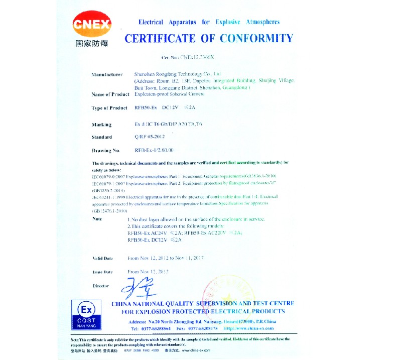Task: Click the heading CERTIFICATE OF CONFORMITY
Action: pyautogui.click(x=208, y=39)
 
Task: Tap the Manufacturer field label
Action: pyautogui.click(x=107, y=74)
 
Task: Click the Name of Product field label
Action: pyautogui.click(x=111, y=94)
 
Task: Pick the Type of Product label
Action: pyautogui.click(x=110, y=108)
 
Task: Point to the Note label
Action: pyautogui.click(x=97, y=219)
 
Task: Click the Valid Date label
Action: pyautogui.click(x=103, y=258)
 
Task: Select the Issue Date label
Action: pyautogui.click(x=103, y=272)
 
